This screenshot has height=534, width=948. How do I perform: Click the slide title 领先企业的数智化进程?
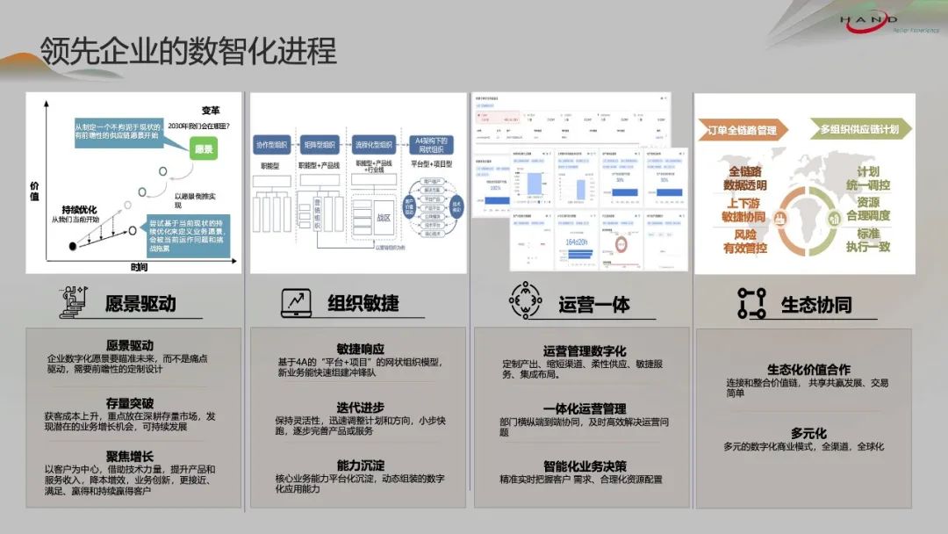point(188,51)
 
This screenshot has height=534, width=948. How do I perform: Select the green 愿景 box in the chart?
point(204,150)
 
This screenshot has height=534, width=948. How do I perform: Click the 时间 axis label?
point(139,266)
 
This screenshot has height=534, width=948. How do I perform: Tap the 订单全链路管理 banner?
point(742,130)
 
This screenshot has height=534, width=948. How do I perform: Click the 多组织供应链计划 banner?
point(859,130)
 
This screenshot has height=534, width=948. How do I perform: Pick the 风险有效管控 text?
point(743,242)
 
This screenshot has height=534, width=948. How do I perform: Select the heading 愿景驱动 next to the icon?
point(140,304)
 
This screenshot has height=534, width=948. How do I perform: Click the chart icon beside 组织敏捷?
point(296,303)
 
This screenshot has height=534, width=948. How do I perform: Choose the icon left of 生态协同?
point(751,303)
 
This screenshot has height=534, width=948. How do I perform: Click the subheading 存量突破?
point(129,403)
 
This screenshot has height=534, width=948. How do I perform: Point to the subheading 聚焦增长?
point(129,457)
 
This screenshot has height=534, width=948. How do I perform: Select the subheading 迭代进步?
point(360,408)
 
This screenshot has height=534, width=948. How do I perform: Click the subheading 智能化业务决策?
point(584,466)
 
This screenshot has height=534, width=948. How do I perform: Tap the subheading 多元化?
point(808,433)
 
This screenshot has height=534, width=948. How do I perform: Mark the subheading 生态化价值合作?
point(808,370)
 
